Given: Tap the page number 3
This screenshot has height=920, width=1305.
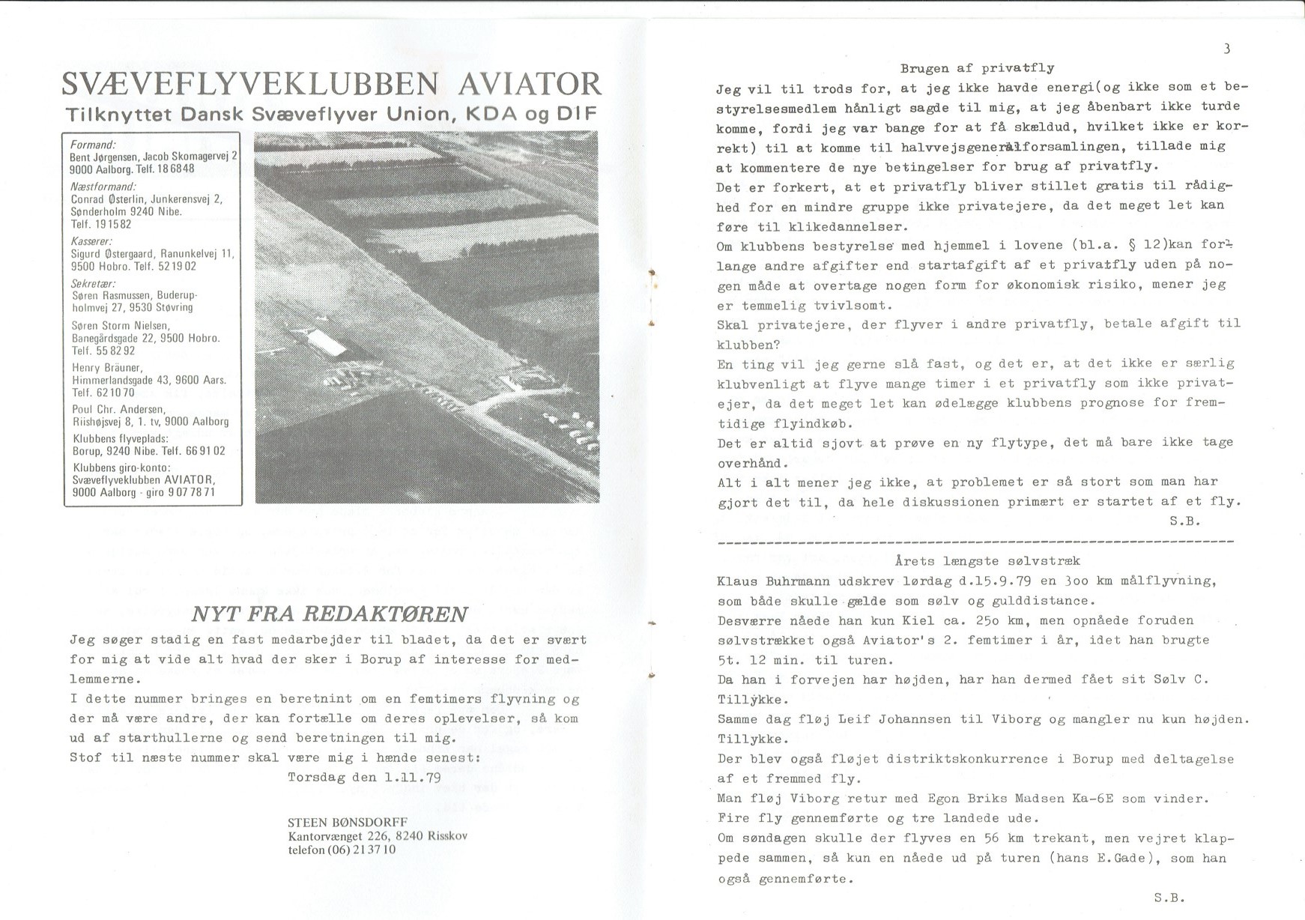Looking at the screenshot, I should (x=1226, y=49).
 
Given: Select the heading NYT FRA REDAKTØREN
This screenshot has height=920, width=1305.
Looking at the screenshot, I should (x=330, y=614).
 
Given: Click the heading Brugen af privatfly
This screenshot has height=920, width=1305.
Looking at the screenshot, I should (x=977, y=68).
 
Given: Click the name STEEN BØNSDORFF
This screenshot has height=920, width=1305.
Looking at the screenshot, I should (x=348, y=823).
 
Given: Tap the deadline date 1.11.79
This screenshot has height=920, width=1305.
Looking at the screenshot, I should (x=411, y=777).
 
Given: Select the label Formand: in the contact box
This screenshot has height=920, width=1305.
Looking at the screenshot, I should (x=93, y=145).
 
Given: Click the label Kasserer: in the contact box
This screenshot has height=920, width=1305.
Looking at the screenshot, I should (x=91, y=241).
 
